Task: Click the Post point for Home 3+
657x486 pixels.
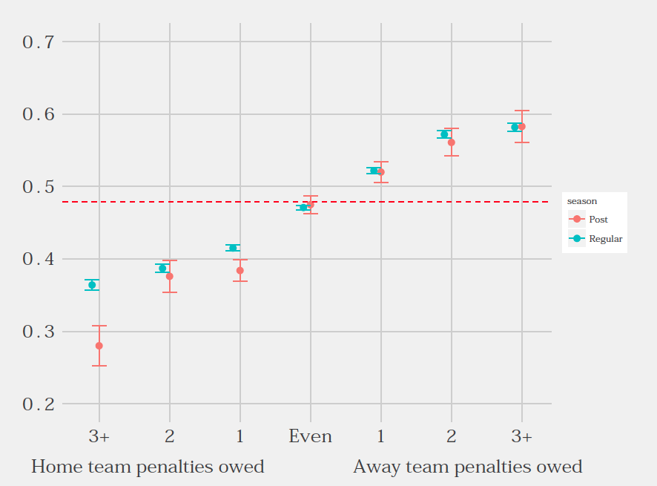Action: pos(99,346)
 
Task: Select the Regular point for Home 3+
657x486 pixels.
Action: pos(92,285)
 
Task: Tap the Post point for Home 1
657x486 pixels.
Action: pos(240,271)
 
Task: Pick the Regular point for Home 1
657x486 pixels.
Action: pos(233,248)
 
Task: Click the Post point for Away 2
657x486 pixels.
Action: pos(451,142)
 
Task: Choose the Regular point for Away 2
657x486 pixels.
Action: pos(444,134)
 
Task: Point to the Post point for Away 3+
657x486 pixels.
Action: pos(521,127)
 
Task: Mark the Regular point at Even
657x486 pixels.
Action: pos(303,208)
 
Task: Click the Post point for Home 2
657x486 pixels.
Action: pos(169,276)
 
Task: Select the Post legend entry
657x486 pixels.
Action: pos(598,220)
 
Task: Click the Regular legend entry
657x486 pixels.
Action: pos(605,239)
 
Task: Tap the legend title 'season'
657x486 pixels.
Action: pos(582,201)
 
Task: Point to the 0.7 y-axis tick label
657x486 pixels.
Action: pos(39,42)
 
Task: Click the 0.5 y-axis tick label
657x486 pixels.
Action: pos(39,187)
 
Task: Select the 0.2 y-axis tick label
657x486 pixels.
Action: pos(39,404)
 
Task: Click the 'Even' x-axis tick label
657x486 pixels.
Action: pos(310,436)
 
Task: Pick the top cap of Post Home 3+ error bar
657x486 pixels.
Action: pos(99,326)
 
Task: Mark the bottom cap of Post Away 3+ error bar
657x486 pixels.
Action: pos(521,142)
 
